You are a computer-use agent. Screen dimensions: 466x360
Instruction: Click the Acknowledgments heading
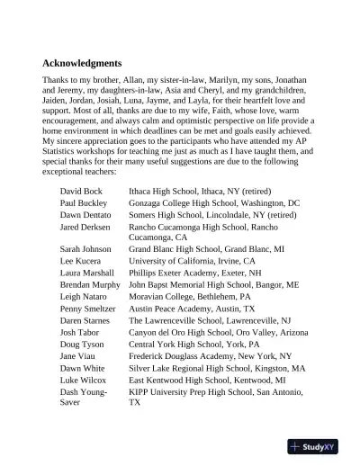pos(82,64)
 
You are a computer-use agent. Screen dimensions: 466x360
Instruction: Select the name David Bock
pos(81,192)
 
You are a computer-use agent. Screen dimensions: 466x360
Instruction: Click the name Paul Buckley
pos(85,204)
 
